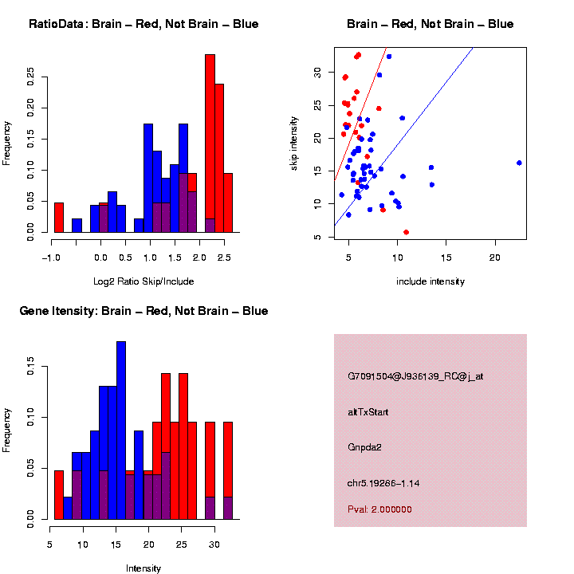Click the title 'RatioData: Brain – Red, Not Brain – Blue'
(143, 24)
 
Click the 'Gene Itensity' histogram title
(143, 311)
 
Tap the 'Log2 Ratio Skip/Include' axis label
(143, 281)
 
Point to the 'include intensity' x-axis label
(431, 281)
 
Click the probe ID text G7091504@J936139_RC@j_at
(415, 376)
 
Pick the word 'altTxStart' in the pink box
(368, 412)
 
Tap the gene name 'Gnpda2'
(365, 447)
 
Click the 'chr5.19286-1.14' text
(383, 483)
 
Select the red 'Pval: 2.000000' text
(379, 509)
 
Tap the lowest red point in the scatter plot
(407, 232)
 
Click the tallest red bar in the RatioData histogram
(210, 143)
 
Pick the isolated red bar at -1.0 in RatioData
(59, 217)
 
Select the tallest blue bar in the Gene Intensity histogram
(121, 431)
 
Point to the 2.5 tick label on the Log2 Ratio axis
(224, 258)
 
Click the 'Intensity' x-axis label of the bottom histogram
(143, 568)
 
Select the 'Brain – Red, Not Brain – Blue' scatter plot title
(431, 24)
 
